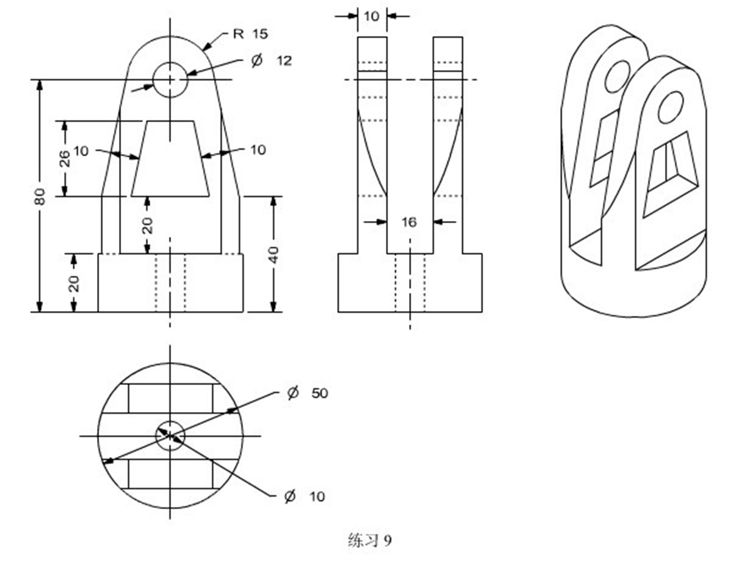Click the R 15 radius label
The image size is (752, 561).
250,34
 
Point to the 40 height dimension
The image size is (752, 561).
273,254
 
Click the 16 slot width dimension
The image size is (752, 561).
409,222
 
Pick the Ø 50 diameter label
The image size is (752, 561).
306,393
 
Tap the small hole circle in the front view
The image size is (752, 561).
170,80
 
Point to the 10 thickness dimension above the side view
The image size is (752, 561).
372,16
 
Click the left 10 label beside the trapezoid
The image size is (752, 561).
81,150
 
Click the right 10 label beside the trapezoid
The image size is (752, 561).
257,150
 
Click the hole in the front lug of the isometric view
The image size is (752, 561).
669,107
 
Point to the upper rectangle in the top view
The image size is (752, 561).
170,399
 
